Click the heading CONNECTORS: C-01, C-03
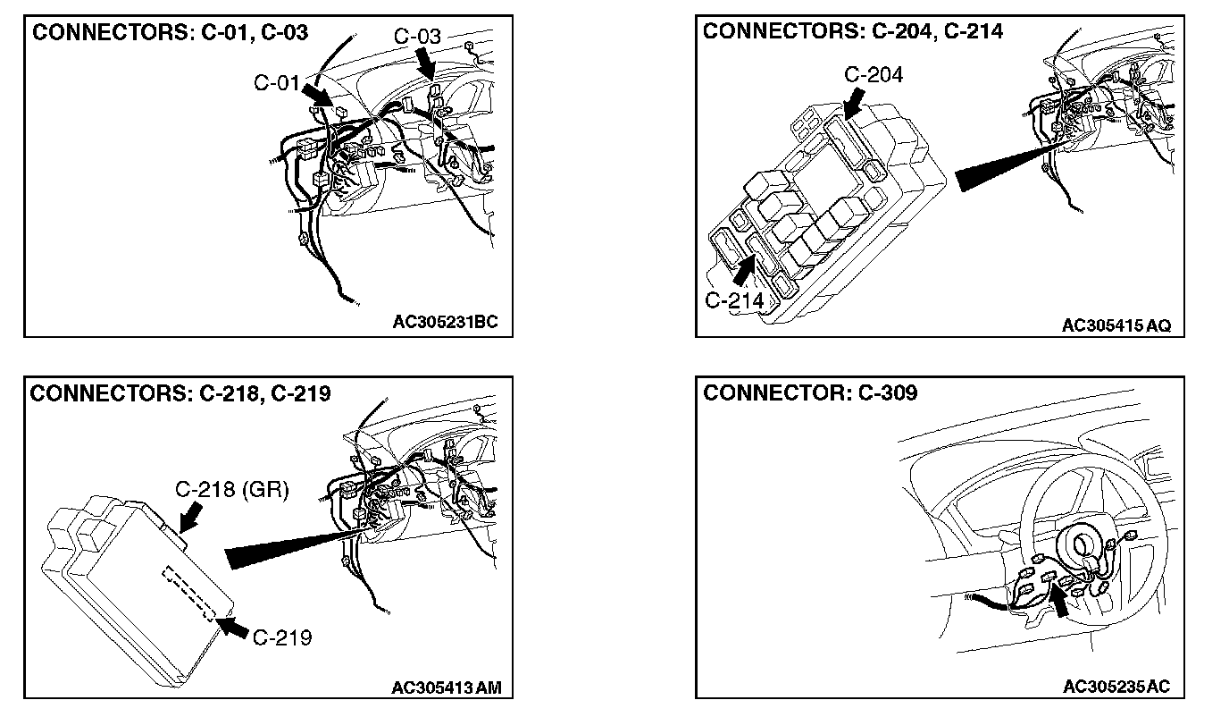coord(170,33)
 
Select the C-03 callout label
coord(417,37)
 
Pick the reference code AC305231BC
coord(452,322)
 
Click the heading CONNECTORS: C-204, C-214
coord(853,31)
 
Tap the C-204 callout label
coord(874,75)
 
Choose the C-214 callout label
coord(734,300)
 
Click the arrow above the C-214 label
coord(744,269)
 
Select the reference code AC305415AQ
coord(1116,325)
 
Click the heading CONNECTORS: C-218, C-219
coord(180,393)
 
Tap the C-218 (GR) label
coord(231,490)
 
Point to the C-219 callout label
coord(282,637)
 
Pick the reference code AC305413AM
coord(447,687)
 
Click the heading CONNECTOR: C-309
coord(810,393)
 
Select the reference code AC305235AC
coord(1116,687)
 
